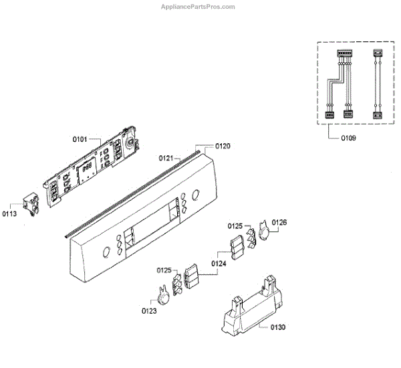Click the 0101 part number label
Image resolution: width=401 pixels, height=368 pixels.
[x=80, y=140]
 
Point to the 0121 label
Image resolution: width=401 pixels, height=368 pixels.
[x=166, y=158]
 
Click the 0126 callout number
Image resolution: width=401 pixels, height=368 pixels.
[x=279, y=222]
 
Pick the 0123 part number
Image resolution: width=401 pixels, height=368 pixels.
[x=149, y=310]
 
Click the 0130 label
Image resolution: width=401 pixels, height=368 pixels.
[x=277, y=327]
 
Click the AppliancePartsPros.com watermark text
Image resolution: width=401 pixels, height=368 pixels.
[x=199, y=7]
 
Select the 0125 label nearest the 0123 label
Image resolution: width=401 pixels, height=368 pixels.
[x=165, y=270]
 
